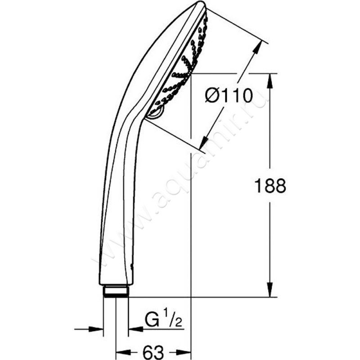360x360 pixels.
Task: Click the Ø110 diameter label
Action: [229, 96]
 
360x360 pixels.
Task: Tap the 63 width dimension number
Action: [153, 352]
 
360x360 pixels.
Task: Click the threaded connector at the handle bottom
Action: [116, 291]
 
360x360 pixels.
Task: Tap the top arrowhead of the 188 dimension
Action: [270, 81]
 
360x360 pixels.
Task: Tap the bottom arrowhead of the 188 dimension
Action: [270, 290]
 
